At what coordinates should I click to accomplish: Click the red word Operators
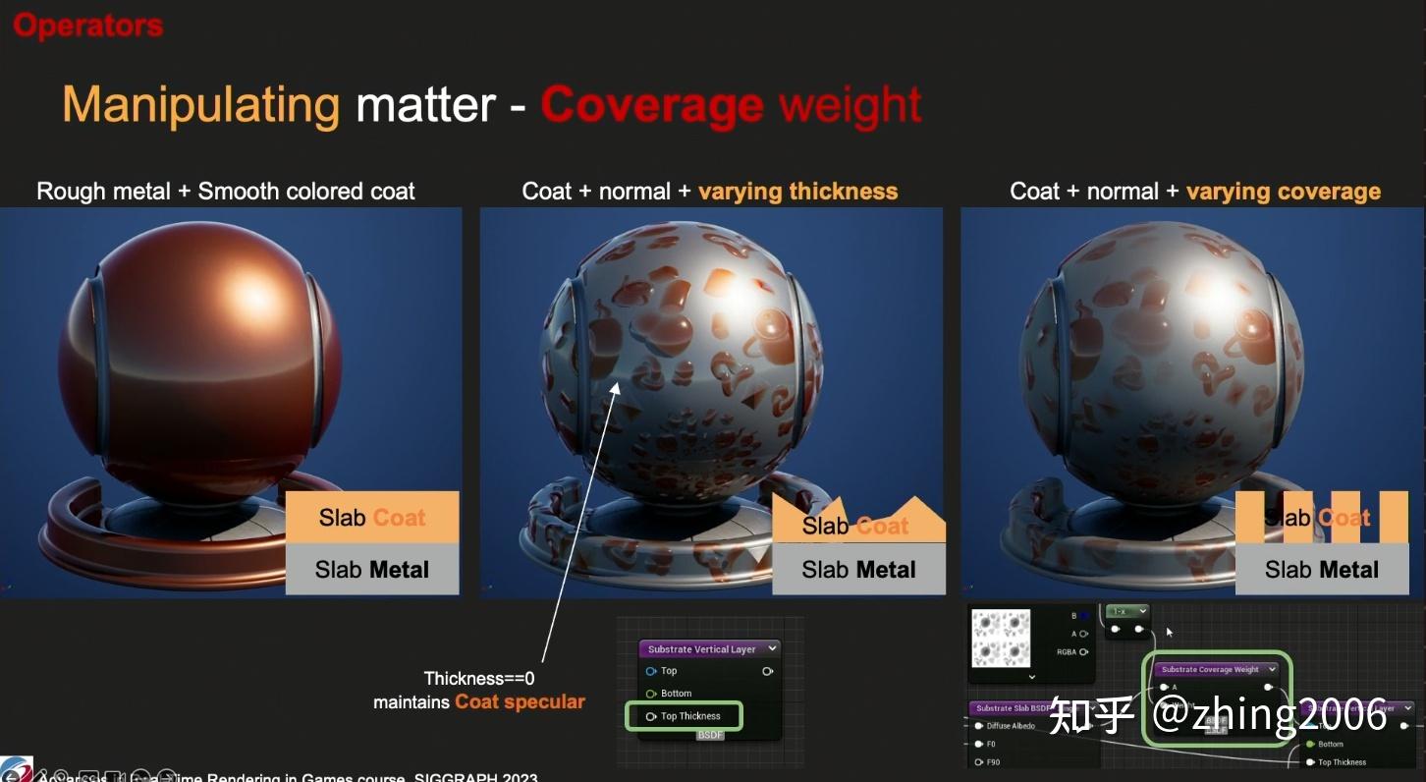tap(88, 26)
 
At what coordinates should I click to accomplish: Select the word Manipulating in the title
tap(201, 104)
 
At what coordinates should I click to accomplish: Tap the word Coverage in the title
tap(651, 105)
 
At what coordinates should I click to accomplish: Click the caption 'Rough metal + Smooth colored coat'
tap(226, 191)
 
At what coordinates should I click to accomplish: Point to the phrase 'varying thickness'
tap(797, 191)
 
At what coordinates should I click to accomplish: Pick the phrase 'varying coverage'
tap(1283, 191)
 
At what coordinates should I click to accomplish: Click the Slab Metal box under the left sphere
tap(372, 570)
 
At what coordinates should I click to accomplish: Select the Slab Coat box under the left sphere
tap(372, 518)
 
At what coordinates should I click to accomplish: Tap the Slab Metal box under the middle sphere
tap(858, 570)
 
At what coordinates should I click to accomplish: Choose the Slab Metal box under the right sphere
tap(1322, 570)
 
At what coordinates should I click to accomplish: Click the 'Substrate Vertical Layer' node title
tap(702, 649)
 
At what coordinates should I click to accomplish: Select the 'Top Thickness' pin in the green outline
tap(690, 716)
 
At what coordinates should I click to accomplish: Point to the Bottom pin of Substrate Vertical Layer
tap(676, 694)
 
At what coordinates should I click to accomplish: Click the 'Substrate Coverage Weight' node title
tap(1210, 670)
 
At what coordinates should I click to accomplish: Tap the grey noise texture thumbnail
tap(1001, 639)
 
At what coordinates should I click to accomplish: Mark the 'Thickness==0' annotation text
tap(479, 678)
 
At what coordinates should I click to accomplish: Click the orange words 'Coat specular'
tap(520, 702)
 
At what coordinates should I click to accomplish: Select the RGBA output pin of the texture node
tap(1083, 652)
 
